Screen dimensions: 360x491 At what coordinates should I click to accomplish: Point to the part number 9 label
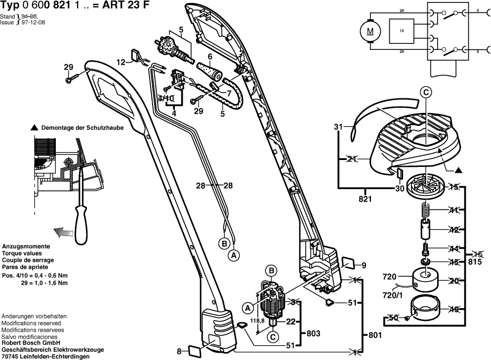coord(364,265)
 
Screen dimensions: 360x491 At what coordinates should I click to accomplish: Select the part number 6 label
coord(209,56)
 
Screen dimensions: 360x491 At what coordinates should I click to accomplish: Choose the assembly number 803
coord(313,333)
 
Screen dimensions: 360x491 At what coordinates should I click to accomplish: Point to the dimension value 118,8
coord(256,320)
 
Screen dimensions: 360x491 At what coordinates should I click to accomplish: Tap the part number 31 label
coord(338,127)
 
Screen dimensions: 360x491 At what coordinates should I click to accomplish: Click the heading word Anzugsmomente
coord(26,246)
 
